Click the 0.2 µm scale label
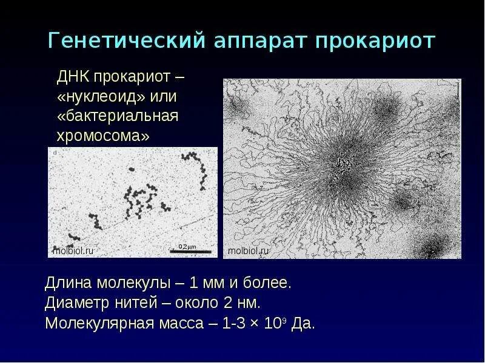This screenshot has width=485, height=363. pyautogui.click(x=187, y=246)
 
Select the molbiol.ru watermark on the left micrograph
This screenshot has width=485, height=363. pyautogui.click(x=73, y=250)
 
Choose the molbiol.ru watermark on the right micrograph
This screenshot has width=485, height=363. pyautogui.click(x=247, y=250)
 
